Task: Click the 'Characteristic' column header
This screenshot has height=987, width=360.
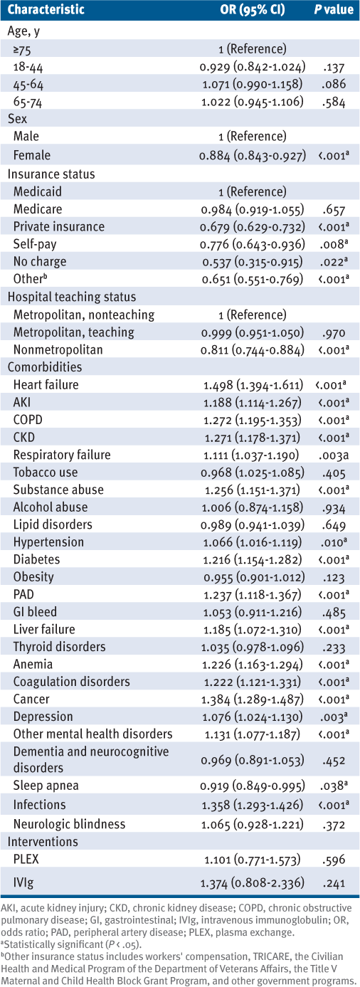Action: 46,10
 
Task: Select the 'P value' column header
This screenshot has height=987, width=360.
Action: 334,10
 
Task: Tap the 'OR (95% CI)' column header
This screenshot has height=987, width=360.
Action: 253,10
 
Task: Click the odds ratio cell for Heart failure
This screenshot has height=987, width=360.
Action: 253,385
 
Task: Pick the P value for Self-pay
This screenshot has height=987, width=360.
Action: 334,244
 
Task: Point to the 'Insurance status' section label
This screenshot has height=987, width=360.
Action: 51,174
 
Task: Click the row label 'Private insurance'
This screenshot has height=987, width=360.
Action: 59,226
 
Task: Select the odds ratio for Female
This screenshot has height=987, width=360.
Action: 253,156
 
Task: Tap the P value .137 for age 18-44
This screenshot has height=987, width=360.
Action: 334,68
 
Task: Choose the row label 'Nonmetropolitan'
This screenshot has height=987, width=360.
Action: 58,350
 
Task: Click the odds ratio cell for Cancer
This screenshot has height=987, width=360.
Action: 253,700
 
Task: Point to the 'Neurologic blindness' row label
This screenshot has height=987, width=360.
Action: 69,824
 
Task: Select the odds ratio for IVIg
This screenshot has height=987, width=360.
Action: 253,882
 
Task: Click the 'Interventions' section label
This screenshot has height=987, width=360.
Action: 43,842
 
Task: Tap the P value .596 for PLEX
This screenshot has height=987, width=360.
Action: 334,860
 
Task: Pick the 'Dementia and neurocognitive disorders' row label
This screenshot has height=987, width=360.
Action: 91,759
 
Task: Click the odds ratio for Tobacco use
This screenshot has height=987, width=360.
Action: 253,473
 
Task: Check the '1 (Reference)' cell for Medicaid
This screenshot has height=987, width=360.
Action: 253,191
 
